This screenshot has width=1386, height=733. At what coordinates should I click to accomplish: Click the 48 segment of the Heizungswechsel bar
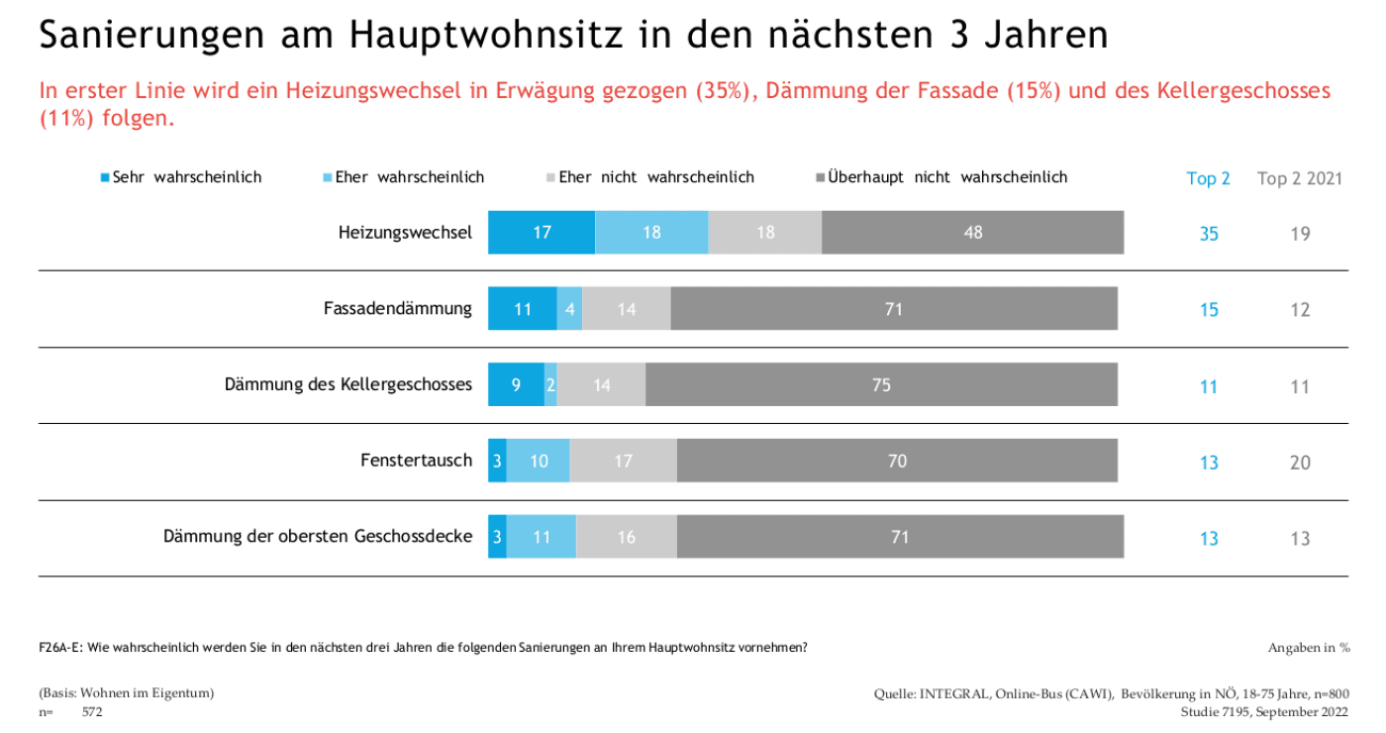click(x=972, y=233)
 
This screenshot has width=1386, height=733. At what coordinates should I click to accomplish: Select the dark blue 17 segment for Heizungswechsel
click(x=542, y=233)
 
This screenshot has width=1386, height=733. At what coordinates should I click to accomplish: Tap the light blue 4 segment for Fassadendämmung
click(x=569, y=309)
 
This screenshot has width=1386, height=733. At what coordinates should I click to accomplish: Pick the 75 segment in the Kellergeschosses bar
click(x=881, y=385)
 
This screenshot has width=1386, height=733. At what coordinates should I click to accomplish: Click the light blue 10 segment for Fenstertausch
click(x=538, y=462)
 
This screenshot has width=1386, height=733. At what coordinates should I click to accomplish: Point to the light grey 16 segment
click(x=626, y=538)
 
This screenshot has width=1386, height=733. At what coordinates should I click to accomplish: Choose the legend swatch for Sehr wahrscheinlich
click(x=105, y=177)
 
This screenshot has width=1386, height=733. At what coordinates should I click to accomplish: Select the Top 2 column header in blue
click(x=1208, y=179)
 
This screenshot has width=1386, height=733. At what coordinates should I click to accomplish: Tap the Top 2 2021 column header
click(x=1299, y=179)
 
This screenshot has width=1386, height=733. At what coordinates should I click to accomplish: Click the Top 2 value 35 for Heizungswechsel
click(x=1209, y=234)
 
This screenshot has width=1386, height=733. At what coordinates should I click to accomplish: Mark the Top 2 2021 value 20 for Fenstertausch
click(x=1300, y=463)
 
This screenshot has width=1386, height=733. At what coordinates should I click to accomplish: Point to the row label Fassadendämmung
click(x=398, y=309)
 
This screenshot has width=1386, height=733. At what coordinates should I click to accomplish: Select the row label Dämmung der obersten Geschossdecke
click(x=318, y=537)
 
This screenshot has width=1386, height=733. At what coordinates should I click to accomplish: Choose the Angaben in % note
click(x=1309, y=648)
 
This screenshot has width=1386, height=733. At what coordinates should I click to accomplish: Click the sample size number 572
click(x=92, y=712)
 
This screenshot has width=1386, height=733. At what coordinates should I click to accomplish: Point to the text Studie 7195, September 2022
click(x=1264, y=712)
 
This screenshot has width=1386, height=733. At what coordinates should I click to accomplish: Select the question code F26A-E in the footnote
click(x=60, y=648)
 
